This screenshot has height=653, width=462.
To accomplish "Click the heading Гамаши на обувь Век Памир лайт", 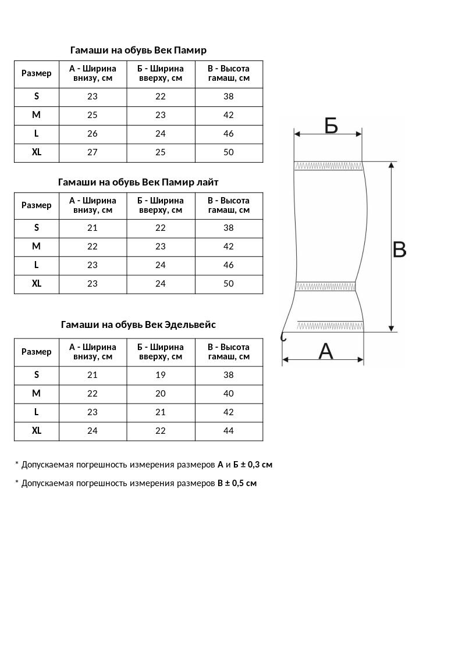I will point(138,182).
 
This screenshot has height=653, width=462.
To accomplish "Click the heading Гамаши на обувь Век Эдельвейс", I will point(138,324).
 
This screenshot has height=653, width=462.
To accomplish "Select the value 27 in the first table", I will point(93,152).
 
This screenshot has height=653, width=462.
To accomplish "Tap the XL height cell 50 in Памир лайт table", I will point(229,284).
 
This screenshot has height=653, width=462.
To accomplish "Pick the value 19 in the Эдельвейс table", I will point(161,375).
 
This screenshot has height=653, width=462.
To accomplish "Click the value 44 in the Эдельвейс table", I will point(229,431).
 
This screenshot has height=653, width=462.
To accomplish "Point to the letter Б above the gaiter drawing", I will point(331,125).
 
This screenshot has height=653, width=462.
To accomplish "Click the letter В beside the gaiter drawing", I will point(399,250).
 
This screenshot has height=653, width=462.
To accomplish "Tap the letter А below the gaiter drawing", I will point(326,351).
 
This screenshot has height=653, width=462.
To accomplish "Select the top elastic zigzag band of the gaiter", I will point(328,166).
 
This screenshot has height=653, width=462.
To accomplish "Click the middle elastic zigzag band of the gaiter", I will point(326,286).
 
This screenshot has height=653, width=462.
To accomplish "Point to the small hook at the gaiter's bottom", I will point(283,336).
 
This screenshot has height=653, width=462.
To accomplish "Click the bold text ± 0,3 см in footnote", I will point(257,465).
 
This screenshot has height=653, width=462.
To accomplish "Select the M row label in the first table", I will point(37,115).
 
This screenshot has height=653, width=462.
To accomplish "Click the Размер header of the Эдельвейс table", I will point(37,352).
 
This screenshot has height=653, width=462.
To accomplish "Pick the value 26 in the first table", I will point(93,134).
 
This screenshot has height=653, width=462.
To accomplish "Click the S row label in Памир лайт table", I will point(37,228).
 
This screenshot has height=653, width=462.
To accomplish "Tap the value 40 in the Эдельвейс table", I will point(229,394).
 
